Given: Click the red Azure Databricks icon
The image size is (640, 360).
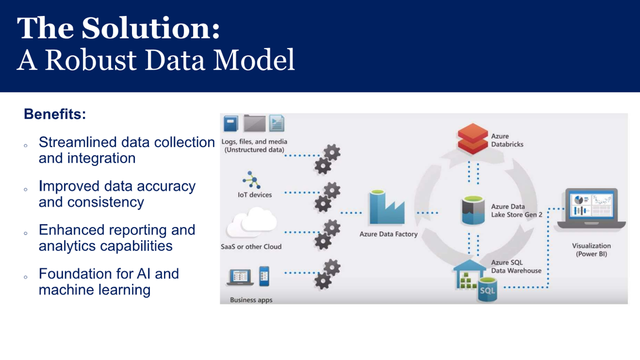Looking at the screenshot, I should (472, 139).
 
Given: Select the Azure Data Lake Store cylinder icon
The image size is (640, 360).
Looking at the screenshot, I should (473, 210).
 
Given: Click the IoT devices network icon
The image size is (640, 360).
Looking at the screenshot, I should (250, 179).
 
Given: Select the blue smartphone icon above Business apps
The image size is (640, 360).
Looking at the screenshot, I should (264, 276).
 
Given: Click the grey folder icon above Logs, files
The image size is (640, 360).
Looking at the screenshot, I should (254, 123).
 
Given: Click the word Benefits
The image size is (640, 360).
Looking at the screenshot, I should (54, 114).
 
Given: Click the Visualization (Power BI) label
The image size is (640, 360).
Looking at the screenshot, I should (591, 249).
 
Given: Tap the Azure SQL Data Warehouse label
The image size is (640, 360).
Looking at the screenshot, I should (515, 266).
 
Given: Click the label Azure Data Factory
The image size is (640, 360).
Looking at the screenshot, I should (388, 234).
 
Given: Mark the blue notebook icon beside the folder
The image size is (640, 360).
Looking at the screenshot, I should (231, 123).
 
